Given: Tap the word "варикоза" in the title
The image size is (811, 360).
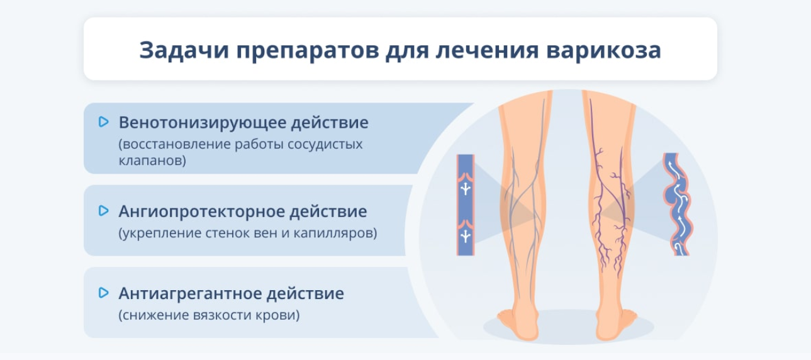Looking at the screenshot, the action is [603, 50].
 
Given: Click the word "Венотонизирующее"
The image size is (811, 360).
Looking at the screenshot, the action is [202, 123].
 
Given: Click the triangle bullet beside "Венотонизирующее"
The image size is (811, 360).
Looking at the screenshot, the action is [104, 121].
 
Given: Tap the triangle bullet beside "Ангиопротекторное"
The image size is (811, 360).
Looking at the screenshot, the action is [104, 211].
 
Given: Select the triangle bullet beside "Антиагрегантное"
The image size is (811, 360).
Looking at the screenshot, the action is [104, 293].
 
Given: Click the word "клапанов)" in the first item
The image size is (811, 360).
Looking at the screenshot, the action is [152, 160].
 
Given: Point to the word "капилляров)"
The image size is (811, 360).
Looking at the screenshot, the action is [335, 233].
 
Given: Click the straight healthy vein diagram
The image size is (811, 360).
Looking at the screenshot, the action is [465, 205].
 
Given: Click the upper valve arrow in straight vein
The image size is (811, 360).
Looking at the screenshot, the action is [466, 188].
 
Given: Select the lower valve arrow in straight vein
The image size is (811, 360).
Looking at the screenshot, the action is [466, 236].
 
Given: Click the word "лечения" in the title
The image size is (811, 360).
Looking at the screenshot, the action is [488, 50].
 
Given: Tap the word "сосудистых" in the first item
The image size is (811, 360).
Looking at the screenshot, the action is [325, 145].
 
